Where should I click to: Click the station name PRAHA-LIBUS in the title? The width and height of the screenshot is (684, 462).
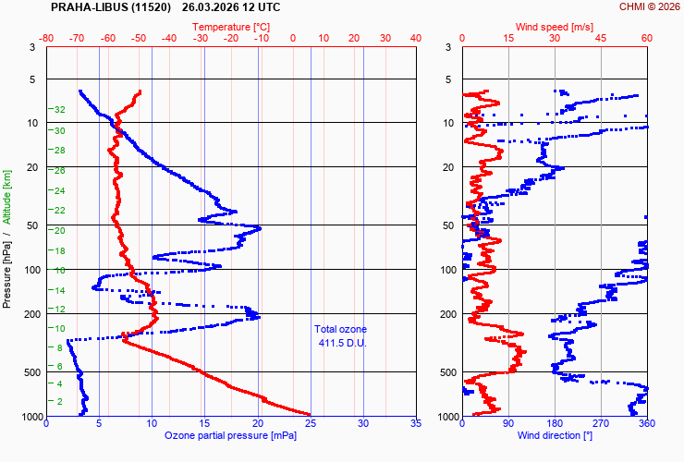[111, 7]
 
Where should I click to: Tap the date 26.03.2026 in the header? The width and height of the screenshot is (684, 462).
[208, 7]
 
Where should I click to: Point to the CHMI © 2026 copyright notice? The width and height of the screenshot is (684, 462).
[650, 6]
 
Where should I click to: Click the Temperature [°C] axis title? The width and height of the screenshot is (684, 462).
[231, 27]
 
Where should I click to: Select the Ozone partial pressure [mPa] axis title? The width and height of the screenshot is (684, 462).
[231, 435]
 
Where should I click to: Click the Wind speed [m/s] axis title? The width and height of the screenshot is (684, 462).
[555, 27]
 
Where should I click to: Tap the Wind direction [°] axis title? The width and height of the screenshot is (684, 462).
[555, 435]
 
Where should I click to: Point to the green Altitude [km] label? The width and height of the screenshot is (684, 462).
[7, 197]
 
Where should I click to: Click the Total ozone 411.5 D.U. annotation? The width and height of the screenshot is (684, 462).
[341, 336]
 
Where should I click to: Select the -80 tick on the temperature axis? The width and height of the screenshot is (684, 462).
[46, 39]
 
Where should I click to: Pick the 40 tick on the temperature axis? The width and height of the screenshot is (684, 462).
[416, 39]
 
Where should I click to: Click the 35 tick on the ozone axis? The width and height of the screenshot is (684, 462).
[416, 423]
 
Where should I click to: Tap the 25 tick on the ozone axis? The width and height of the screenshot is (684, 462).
[311, 423]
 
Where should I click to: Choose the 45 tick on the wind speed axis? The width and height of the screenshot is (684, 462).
[601, 39]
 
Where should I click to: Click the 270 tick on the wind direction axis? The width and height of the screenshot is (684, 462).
[601, 423]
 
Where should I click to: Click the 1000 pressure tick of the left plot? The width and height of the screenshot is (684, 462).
[32, 417]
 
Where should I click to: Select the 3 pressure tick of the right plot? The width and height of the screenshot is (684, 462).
[448, 47]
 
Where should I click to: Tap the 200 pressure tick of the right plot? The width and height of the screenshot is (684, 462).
[448, 314]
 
